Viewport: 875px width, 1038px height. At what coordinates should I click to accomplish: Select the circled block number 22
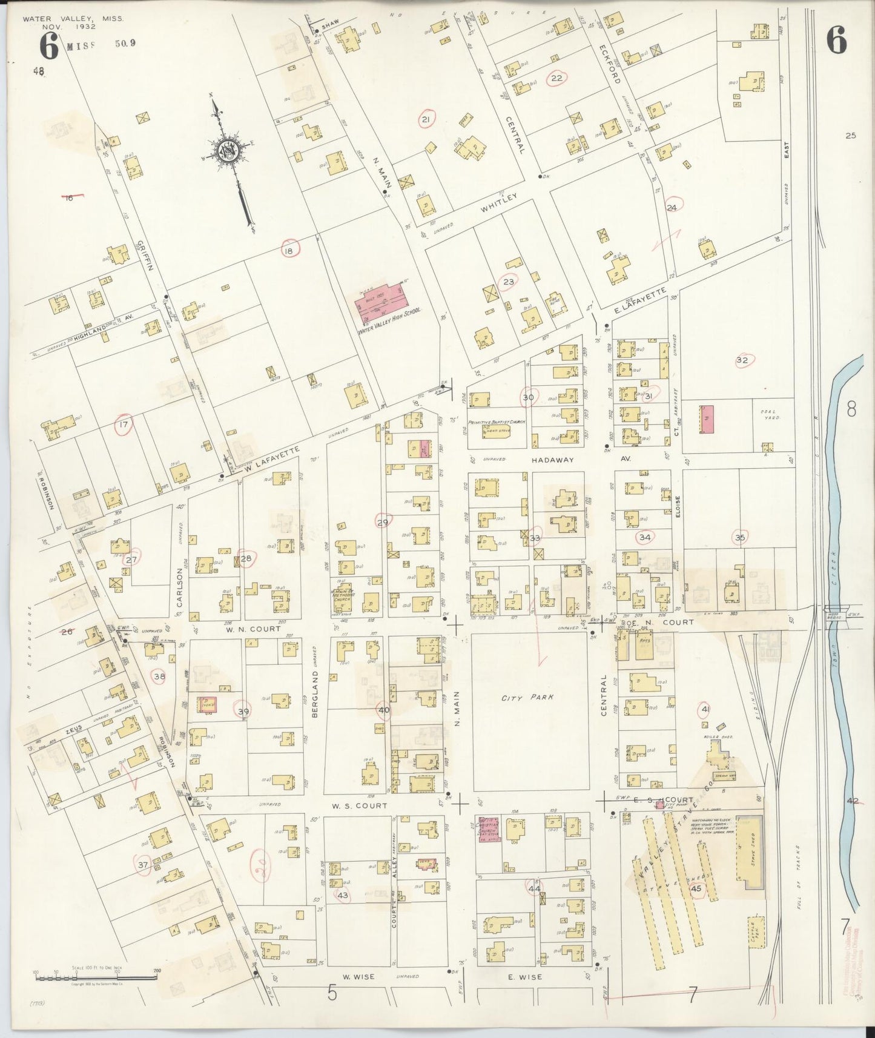556,78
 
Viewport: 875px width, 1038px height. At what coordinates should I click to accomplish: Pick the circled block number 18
290,250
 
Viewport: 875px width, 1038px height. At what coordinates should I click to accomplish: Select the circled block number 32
742,360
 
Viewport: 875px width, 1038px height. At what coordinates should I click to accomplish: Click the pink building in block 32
707,419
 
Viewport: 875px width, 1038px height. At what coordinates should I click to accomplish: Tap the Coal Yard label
770,416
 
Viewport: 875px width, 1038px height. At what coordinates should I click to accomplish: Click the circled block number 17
124,425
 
